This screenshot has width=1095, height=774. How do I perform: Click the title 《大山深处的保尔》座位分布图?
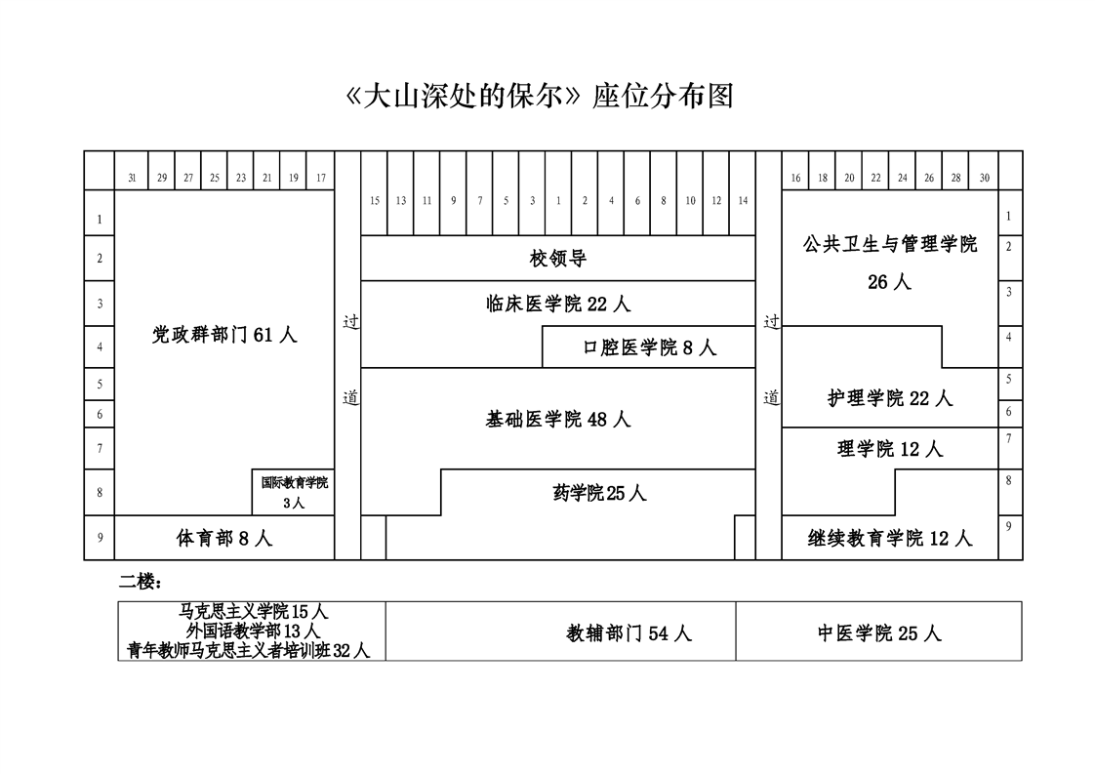pos(540,96)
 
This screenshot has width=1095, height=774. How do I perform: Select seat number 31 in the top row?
pos(132,178)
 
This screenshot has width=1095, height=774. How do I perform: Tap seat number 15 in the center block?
pos(375,201)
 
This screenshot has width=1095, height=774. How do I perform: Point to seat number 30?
pos(984,178)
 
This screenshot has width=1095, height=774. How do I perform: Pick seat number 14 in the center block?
pos(743,201)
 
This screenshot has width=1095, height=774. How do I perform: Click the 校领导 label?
pos(558,259)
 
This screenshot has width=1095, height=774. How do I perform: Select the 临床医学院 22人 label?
pos(558,304)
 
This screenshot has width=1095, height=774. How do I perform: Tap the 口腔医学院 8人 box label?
pos(649,347)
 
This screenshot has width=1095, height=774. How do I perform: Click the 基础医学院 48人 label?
pos(558,419)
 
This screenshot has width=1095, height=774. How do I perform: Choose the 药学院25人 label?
pos(599,493)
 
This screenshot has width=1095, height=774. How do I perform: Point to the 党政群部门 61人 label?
pos(224,334)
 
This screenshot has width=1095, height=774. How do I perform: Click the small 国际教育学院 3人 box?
pos(294,492)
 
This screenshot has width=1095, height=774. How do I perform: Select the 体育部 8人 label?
pos(224,538)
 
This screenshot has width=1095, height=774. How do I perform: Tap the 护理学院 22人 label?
pos(889,398)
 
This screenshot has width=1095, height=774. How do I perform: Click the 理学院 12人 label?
pos(889,449)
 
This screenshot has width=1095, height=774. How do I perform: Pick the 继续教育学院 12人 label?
pos(889,538)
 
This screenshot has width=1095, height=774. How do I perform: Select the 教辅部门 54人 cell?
pos(629,633)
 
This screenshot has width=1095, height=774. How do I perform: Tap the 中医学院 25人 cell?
pos(879,633)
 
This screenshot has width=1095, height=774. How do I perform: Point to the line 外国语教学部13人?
pos(253,631)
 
